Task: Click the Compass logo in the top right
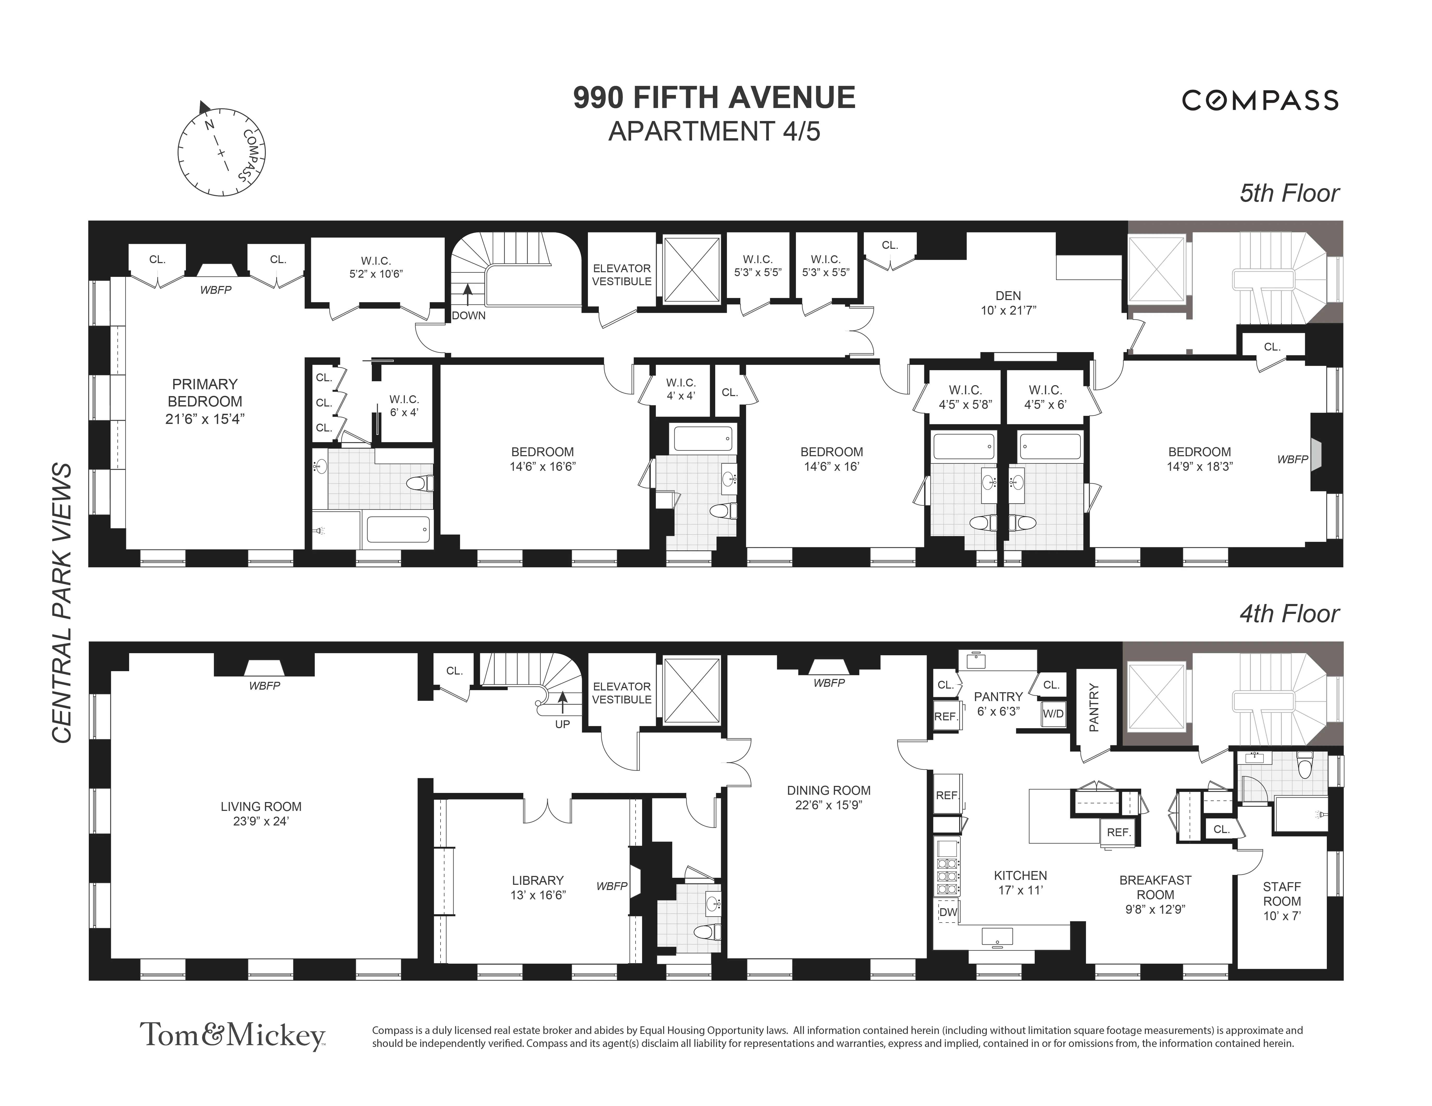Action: tap(1260, 100)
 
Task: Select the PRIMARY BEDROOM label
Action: tap(205, 392)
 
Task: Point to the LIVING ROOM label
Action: tap(261, 806)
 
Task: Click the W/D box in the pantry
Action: tap(1053, 714)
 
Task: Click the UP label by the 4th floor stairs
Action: tap(563, 724)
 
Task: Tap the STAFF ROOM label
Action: tap(1281, 894)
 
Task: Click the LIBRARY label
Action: tap(538, 880)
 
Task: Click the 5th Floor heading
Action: tap(1288, 193)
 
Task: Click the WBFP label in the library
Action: tap(611, 886)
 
